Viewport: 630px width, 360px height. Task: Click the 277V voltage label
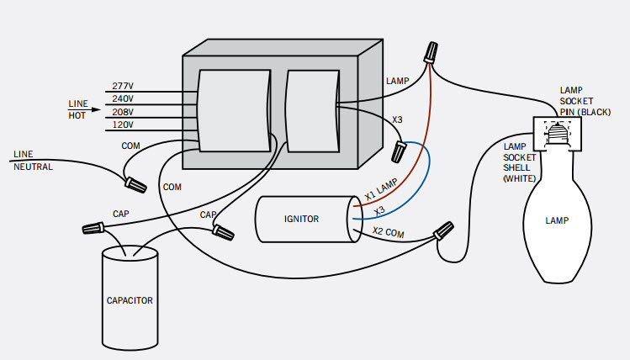point(123,86)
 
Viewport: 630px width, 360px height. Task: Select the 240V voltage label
point(123,99)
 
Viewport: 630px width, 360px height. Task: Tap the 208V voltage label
point(123,112)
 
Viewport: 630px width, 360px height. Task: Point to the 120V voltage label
point(123,125)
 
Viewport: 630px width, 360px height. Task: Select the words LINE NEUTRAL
point(33,161)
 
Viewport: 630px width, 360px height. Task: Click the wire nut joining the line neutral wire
point(135,185)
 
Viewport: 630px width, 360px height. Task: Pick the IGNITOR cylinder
point(309,219)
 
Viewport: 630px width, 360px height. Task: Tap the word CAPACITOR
point(130,300)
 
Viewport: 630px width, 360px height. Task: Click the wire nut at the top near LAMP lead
point(431,52)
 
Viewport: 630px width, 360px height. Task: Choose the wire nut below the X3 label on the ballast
point(399,151)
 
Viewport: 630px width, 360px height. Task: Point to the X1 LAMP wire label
point(381,189)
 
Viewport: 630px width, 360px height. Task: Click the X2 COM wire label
point(388,232)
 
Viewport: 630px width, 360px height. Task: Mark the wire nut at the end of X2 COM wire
point(443,230)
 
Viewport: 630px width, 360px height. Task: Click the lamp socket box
point(558,135)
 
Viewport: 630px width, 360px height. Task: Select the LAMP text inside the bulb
point(557,220)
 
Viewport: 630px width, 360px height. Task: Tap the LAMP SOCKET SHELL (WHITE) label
point(520,162)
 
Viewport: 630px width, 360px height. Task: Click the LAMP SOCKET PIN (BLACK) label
point(585,101)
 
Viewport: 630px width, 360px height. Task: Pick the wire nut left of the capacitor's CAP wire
point(93,228)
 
